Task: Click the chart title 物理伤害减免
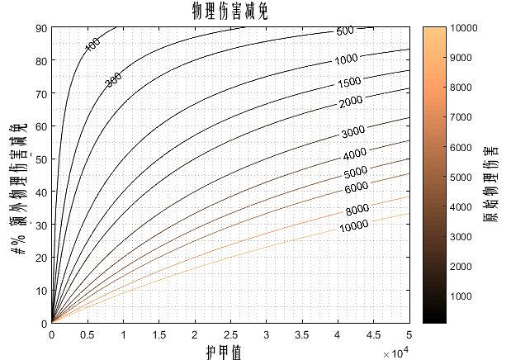click(229, 11)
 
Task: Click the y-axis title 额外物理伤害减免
click(19, 189)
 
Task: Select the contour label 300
click(113, 80)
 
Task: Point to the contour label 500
click(345, 31)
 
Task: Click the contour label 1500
click(350, 83)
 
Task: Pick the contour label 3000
click(353, 132)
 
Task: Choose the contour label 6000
click(356, 187)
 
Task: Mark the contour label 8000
click(357, 210)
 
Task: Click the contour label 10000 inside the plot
click(353, 226)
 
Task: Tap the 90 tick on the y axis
click(40, 28)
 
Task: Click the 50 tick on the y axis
click(40, 159)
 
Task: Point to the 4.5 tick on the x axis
click(373, 335)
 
